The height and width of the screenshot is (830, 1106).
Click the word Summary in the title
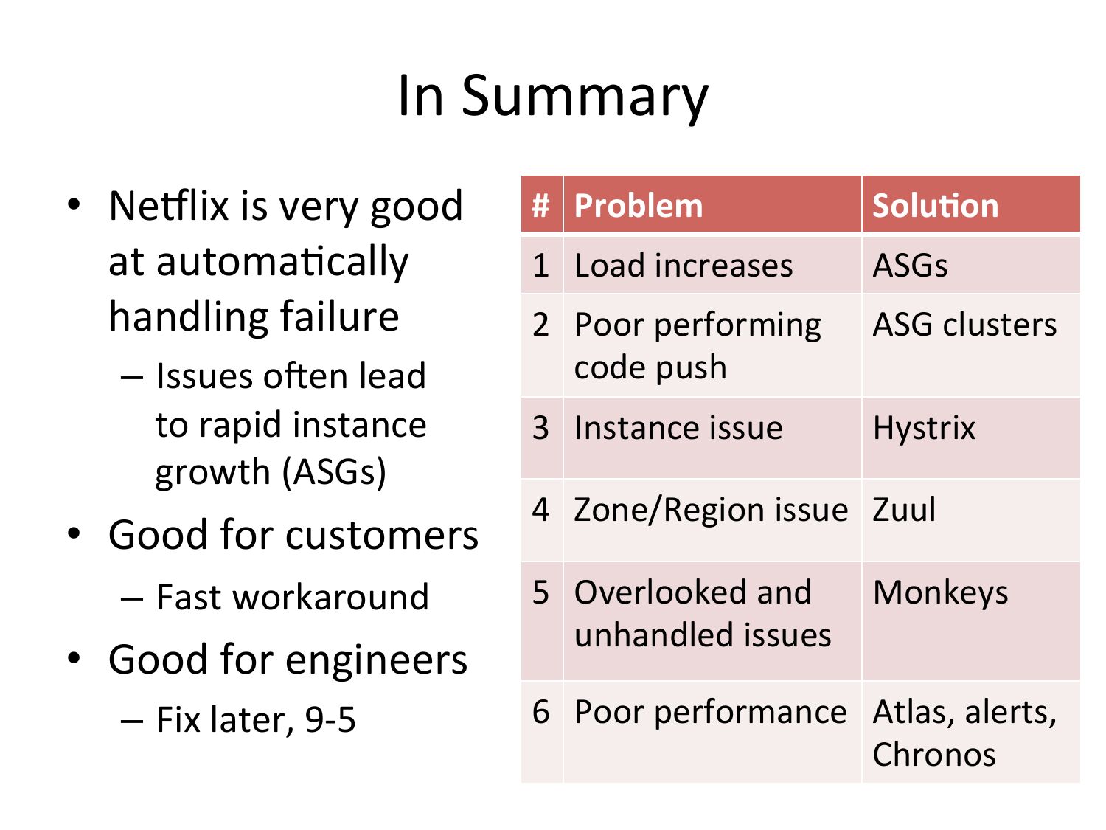tap(585, 98)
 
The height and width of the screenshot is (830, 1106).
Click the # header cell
tap(542, 204)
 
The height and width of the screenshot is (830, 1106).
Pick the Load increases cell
tap(712, 265)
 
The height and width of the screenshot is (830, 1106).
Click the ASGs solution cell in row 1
tap(971, 265)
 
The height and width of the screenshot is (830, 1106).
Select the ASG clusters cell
tap(971, 345)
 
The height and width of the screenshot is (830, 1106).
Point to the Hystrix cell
tap(971, 438)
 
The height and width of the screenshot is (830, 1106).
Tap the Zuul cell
tap(971, 520)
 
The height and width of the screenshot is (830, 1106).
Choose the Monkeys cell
tap(971, 621)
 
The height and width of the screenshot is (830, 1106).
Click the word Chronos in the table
tap(933, 755)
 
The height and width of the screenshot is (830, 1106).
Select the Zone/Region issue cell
tap(712, 520)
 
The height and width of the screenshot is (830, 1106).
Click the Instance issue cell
tap(712, 438)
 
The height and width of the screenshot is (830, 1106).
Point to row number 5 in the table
tap(540, 592)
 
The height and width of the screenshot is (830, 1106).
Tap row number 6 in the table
tap(540, 711)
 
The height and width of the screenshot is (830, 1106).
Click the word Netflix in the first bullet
tap(169, 206)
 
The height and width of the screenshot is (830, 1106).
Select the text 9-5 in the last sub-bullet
tap(330, 719)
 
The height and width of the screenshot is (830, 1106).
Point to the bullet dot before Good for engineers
tap(74, 658)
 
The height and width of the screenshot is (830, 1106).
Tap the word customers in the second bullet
tap(382, 535)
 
